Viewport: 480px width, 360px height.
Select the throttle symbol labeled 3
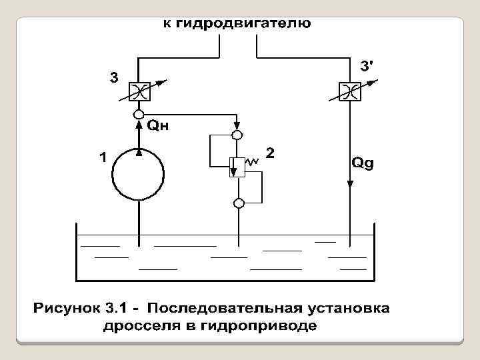[x=139, y=92]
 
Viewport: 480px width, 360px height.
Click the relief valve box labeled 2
[x=237, y=167]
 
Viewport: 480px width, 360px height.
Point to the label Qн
[x=157, y=125]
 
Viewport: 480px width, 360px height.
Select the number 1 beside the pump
[x=101, y=157]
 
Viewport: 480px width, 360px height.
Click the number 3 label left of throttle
[x=114, y=77]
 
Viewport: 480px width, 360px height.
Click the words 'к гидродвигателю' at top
[x=237, y=25]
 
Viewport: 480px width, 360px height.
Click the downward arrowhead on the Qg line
[x=349, y=185]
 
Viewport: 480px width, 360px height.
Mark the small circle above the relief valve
[x=237, y=135]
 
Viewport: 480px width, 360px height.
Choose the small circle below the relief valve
[x=237, y=203]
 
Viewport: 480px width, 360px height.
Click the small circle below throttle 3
[x=139, y=114]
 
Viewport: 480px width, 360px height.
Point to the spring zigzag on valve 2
[x=253, y=162]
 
